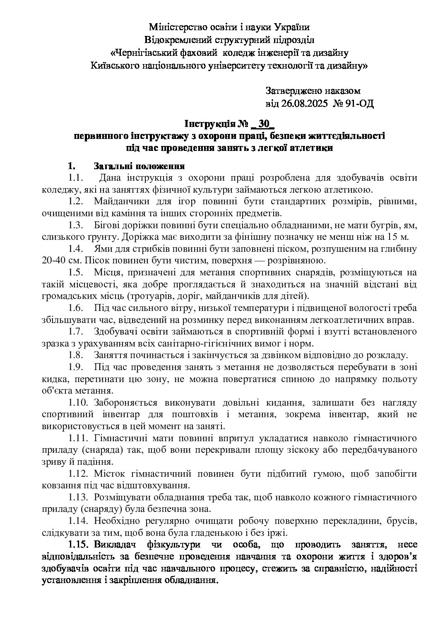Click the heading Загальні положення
tap(139, 167)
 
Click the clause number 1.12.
tap(77, 473)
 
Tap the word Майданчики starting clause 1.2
tap(120, 202)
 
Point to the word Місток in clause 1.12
tap(108, 473)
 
